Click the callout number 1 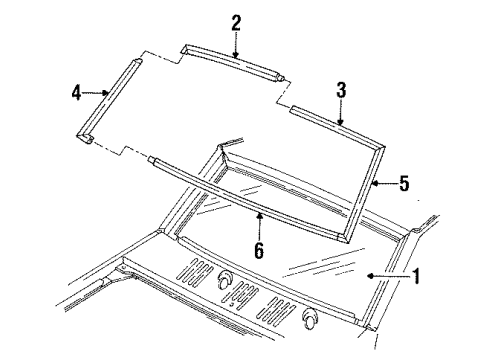(x=416, y=276)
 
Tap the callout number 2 (x=236, y=23)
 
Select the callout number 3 (x=341, y=90)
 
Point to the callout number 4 (x=76, y=92)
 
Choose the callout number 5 (x=404, y=183)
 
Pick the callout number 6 (x=259, y=250)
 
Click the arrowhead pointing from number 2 (x=236, y=55)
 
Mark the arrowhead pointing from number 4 (x=105, y=93)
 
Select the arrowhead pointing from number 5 (x=376, y=183)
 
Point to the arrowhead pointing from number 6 (x=259, y=215)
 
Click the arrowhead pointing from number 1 (x=370, y=276)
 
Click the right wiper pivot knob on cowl (x=310, y=318)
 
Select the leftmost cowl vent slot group (x=196, y=270)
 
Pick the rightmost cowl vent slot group (x=278, y=310)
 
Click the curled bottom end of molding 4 (x=85, y=137)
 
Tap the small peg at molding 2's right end (x=281, y=78)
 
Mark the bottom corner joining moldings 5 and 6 (x=344, y=238)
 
